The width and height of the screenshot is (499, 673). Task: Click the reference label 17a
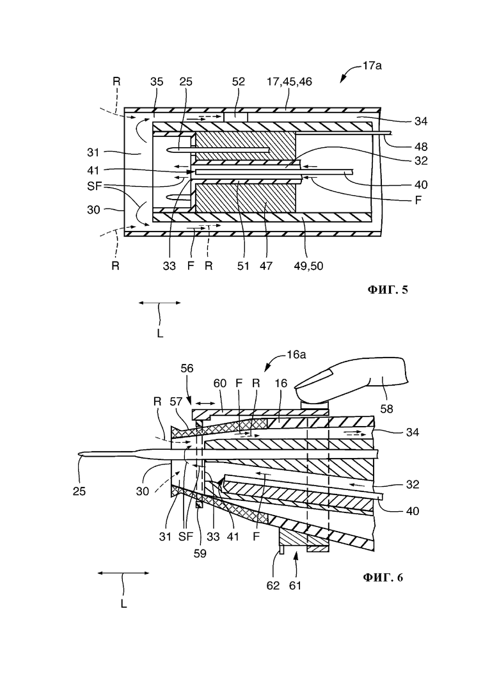tap(372, 66)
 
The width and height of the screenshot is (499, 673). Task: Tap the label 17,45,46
tap(290, 81)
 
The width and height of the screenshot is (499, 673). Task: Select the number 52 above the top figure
tap(239, 81)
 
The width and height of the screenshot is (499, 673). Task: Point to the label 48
tap(421, 146)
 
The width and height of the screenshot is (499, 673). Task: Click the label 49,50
tap(308, 266)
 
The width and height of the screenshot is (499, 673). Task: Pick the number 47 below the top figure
tap(266, 266)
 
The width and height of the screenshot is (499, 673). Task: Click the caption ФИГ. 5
tap(388, 290)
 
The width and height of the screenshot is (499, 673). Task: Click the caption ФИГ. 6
tap(383, 578)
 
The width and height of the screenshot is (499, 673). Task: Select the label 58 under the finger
tap(386, 409)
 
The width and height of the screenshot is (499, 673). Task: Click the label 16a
tap(296, 355)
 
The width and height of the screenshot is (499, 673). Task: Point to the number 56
tap(187, 368)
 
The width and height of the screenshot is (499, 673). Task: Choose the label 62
tap(273, 586)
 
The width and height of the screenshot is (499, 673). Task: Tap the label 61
tap(295, 586)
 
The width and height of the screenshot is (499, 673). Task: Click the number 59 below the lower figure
tap(200, 553)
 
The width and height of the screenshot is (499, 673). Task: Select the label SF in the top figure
tap(95, 186)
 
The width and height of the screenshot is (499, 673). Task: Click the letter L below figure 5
tap(160, 333)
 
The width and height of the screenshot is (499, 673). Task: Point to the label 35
tap(157, 81)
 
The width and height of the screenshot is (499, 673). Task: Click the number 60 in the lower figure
tap(219, 383)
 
